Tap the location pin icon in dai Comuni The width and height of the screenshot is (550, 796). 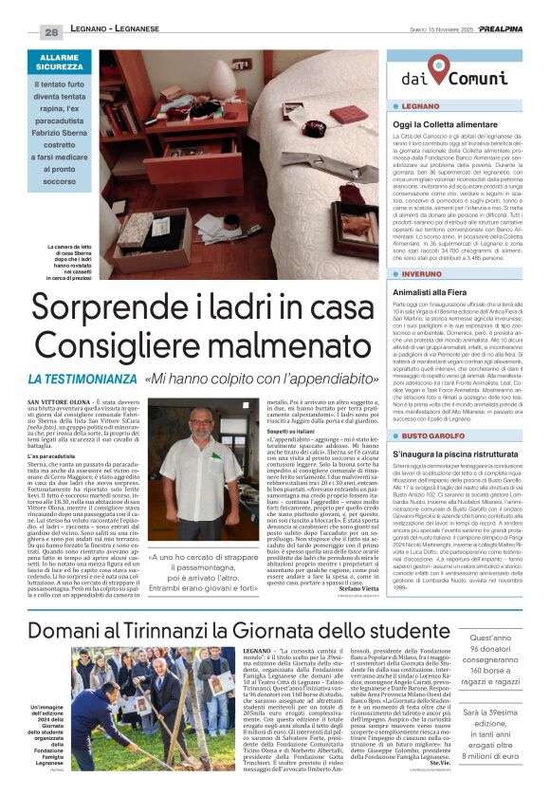[x=437, y=68]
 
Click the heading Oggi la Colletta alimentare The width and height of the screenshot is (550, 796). [x=446, y=125]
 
